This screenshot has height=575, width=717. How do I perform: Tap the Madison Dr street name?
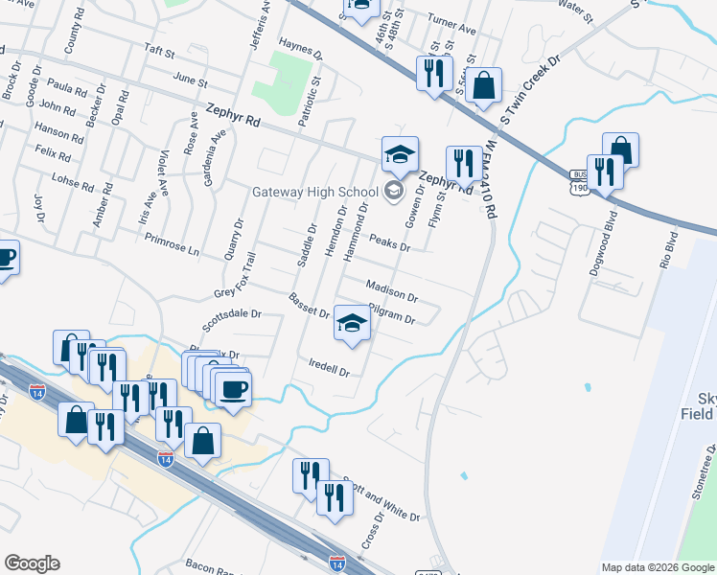[x=392, y=290]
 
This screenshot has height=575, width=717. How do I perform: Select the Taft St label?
[x=159, y=52]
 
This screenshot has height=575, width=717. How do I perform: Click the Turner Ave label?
[x=453, y=29]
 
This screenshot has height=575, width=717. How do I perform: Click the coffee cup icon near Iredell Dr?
[x=232, y=389]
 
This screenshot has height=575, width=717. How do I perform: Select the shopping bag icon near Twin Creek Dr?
[x=485, y=84]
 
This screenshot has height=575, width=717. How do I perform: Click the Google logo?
[x=32, y=563]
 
